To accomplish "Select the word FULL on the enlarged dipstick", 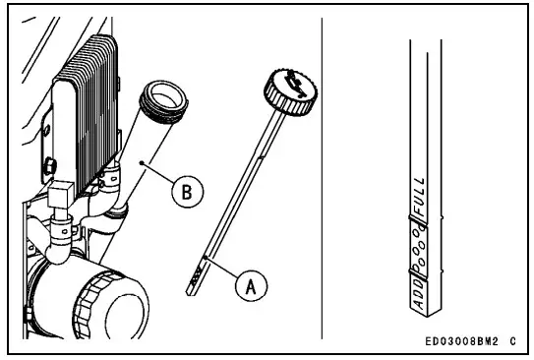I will pyautogui.click(x=418, y=191).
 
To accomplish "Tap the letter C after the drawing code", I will pyautogui.click(x=513, y=338).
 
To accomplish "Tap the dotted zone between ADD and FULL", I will pyautogui.click(x=418, y=246).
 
